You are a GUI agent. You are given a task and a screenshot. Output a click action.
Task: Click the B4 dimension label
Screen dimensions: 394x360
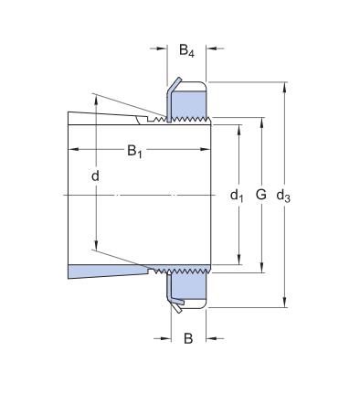tap(186, 52)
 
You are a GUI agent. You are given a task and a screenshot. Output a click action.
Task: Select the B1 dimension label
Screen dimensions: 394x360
tap(134, 152)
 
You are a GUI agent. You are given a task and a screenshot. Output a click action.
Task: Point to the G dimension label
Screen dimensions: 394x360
tap(261, 195)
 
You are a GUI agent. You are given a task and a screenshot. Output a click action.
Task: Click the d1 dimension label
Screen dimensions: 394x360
tap(237, 195)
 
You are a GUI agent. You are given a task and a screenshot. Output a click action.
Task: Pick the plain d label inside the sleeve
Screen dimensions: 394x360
tap(95, 175)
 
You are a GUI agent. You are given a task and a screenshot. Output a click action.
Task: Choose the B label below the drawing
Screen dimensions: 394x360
tap(188, 338)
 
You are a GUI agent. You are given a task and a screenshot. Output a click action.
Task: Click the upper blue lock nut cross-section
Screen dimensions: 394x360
tap(188, 100)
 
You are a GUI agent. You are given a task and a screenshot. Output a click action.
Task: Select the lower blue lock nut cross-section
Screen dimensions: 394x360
tap(188, 290)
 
